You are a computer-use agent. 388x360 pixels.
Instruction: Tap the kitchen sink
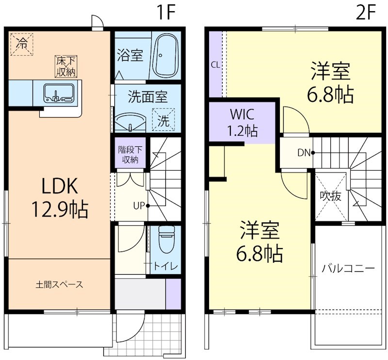click(x=58, y=93)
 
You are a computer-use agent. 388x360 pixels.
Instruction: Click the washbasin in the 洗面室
click(x=131, y=121)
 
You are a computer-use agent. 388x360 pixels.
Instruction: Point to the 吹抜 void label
click(x=331, y=196)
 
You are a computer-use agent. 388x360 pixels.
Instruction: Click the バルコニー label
click(x=348, y=268)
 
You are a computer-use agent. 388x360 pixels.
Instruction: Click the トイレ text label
click(x=166, y=266)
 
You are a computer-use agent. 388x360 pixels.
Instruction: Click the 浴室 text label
click(x=130, y=55)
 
